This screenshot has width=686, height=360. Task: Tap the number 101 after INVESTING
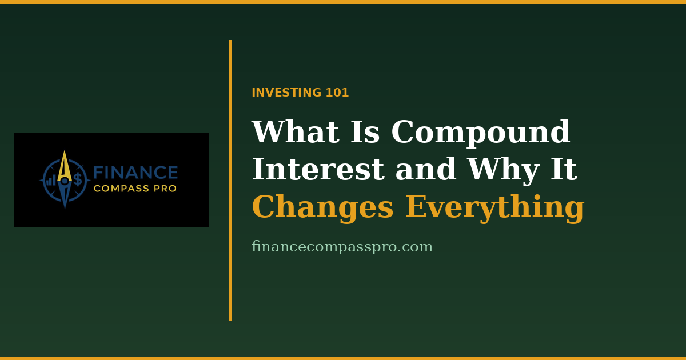[x=337, y=93]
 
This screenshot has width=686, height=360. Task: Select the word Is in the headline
[x=365, y=131]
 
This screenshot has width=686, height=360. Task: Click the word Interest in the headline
[x=318, y=169]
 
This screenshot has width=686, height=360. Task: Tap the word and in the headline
[x=426, y=169]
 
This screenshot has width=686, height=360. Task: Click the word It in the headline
[x=564, y=169]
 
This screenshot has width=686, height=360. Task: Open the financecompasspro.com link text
[x=342, y=247]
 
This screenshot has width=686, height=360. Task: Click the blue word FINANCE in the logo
[x=135, y=173]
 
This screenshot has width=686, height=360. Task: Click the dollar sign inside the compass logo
[x=78, y=179]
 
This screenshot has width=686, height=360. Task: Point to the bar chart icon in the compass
[x=51, y=181]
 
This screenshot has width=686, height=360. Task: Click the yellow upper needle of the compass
[x=65, y=167]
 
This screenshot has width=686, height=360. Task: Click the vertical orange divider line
[x=230, y=181]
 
